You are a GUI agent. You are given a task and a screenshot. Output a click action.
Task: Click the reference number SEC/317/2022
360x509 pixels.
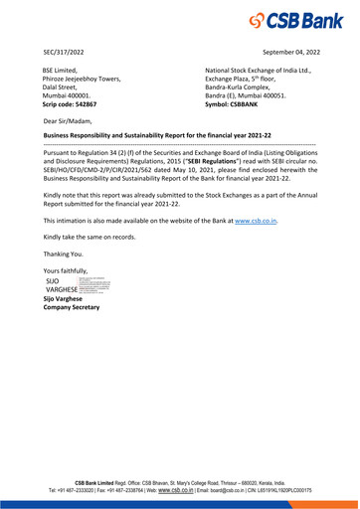(65, 50)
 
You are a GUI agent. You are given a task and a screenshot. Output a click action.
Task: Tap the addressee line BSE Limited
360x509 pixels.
(61, 71)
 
